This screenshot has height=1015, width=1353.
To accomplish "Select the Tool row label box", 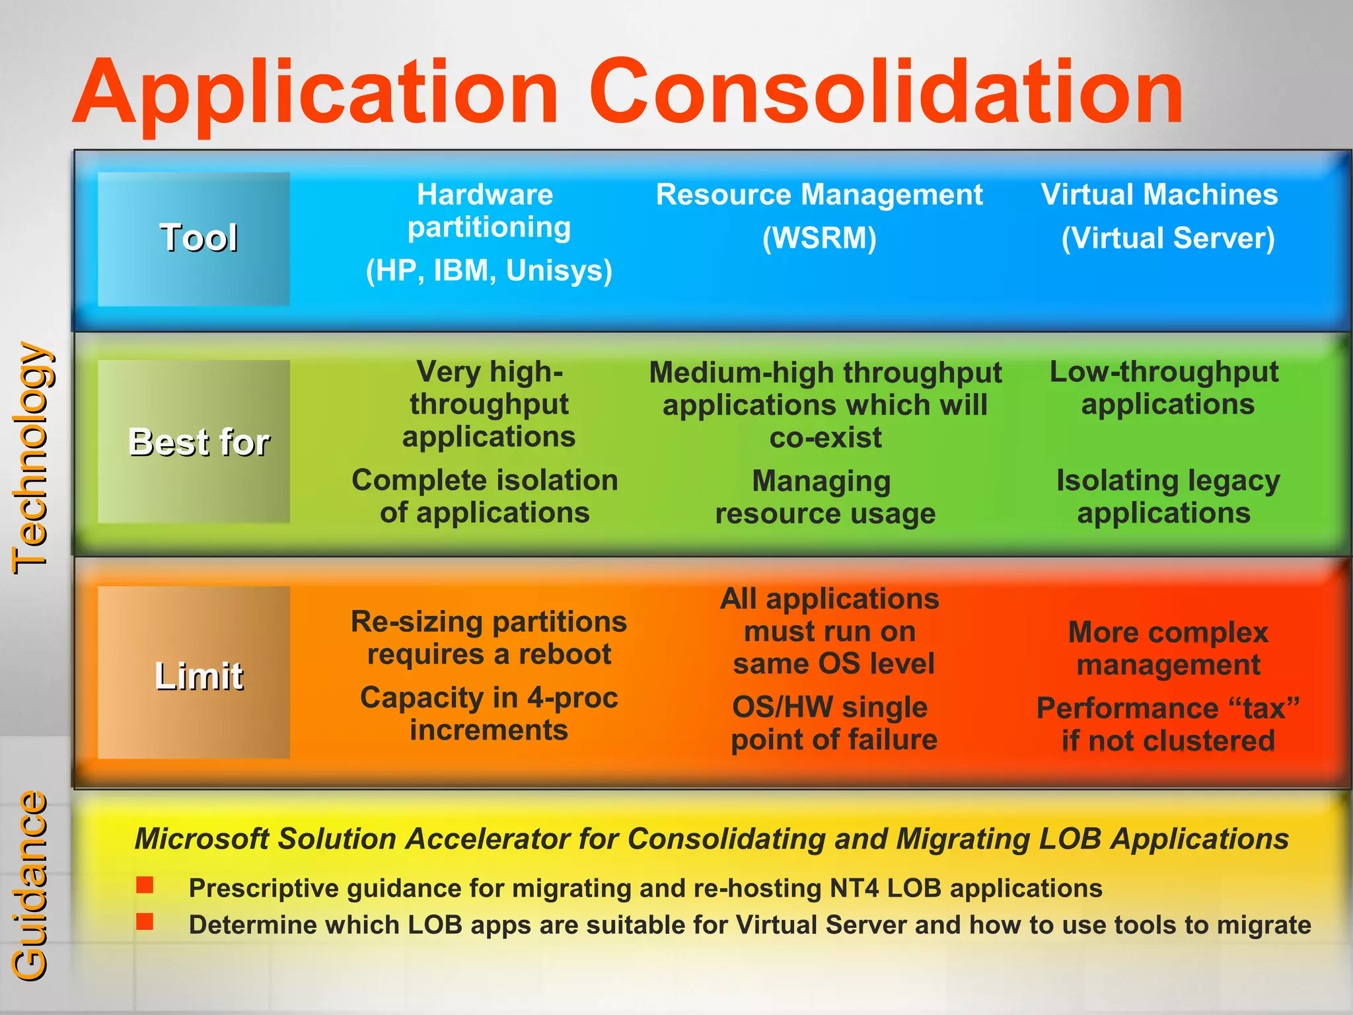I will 194,239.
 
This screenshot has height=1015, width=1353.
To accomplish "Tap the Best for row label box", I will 194,441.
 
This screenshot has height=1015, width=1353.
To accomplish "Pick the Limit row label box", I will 194,673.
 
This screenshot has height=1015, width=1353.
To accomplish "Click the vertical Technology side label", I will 30,457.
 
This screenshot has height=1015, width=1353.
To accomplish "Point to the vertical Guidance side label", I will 30,885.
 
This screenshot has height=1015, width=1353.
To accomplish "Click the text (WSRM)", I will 819,238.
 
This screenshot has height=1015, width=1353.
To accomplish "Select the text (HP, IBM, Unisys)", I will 489,270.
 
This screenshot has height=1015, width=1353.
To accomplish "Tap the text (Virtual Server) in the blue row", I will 1168,238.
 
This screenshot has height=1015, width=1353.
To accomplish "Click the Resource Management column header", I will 819,195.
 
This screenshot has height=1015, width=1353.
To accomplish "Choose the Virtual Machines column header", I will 1159,195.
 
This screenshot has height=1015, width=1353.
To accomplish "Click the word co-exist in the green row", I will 826,438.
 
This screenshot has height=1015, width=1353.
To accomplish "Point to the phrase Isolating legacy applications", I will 1167,497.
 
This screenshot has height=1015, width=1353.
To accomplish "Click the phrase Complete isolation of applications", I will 485,497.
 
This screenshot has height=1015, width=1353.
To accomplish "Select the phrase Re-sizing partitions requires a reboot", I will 489,638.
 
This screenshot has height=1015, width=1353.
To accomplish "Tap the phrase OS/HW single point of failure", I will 832,724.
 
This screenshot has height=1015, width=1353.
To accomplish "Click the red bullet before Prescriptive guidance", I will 145,885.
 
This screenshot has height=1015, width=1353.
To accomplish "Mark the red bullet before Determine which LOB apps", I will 145,921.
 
